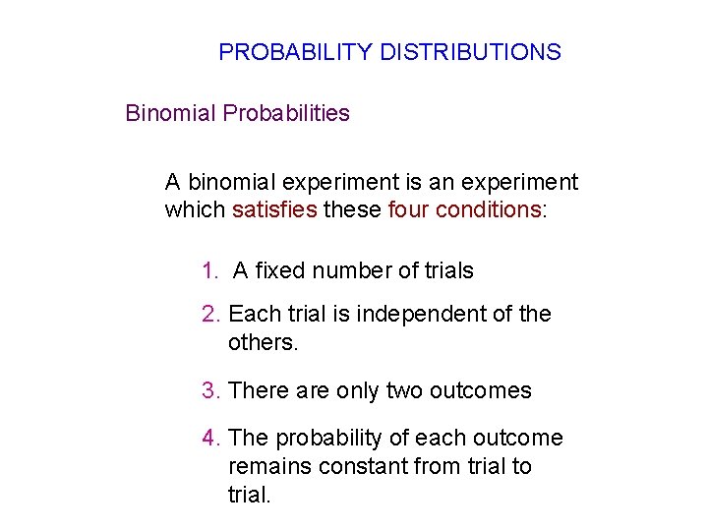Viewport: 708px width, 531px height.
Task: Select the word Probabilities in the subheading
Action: (286, 113)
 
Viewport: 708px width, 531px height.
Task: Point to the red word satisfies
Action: (274, 210)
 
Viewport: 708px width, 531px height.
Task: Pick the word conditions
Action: (485, 210)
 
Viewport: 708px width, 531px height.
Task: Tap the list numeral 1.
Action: (209, 271)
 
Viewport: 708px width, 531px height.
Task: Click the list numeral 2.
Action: (209, 315)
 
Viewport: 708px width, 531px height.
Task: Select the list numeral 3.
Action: (209, 391)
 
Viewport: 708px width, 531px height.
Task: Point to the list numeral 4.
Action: (209, 439)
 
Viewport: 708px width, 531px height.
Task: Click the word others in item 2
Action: (260, 343)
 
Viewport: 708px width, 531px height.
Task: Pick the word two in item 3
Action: (403, 391)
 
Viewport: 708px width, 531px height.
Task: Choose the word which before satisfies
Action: (195, 210)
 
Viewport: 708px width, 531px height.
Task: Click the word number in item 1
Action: (343, 271)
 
